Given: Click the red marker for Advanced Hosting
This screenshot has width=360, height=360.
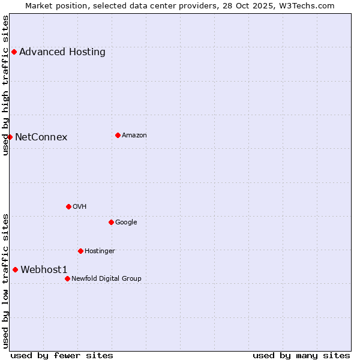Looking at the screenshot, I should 14,52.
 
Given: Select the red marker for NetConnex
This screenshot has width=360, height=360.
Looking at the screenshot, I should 10,137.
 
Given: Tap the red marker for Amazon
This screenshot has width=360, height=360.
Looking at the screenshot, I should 118,135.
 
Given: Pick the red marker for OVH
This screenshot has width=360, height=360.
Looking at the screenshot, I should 68,206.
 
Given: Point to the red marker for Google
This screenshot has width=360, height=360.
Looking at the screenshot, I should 111,222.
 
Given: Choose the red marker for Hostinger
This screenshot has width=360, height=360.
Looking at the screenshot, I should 80,251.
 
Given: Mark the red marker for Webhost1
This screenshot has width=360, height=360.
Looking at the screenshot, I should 15,269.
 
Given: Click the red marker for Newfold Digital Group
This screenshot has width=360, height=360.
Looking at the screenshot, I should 67,278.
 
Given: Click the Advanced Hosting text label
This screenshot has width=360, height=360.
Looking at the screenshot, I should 62,52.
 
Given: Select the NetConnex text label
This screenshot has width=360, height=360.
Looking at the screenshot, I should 41,137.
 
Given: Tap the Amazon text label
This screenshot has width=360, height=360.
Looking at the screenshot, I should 134,135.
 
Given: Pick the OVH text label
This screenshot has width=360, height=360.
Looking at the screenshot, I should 80,206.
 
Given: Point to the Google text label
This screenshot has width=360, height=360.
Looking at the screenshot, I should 126,222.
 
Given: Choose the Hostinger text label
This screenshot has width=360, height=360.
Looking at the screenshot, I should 100,251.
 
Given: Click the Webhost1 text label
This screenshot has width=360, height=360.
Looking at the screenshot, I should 44,269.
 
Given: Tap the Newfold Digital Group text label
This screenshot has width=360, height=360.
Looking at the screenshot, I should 106,278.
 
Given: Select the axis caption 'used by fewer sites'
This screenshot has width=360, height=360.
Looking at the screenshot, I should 62,355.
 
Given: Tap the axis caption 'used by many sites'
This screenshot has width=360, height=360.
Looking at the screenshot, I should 301,355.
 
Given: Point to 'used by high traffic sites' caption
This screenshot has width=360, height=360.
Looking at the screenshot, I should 5,85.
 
